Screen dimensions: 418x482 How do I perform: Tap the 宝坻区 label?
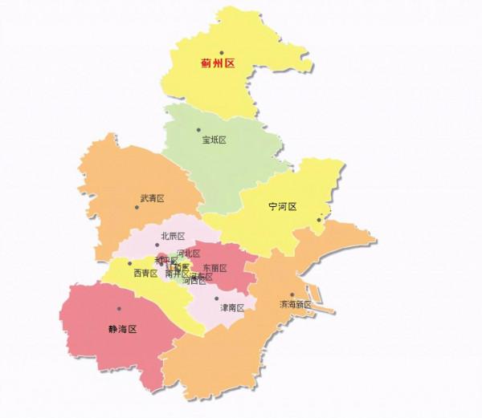[x=214, y=140]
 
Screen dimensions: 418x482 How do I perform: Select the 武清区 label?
[x=152, y=198]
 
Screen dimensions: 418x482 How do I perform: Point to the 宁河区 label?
[x=282, y=207]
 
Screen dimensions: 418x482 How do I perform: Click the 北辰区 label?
[x=173, y=236]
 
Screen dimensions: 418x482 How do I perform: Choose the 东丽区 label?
[x=214, y=268]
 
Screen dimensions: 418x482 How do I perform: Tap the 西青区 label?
[x=145, y=273]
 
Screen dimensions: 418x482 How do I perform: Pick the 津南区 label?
[x=232, y=307]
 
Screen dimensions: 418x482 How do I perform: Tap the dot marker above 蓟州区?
[x=221, y=52]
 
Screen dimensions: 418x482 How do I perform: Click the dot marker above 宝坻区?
[x=198, y=129]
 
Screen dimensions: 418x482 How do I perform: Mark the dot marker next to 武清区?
[x=137, y=207]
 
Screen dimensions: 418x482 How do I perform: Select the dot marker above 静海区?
[x=119, y=308]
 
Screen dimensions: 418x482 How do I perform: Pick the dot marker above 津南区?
[x=216, y=298]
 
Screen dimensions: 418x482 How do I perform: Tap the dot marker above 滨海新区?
[x=292, y=294]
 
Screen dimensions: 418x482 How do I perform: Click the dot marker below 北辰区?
[x=157, y=245]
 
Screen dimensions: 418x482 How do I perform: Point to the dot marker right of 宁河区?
[x=319, y=219]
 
